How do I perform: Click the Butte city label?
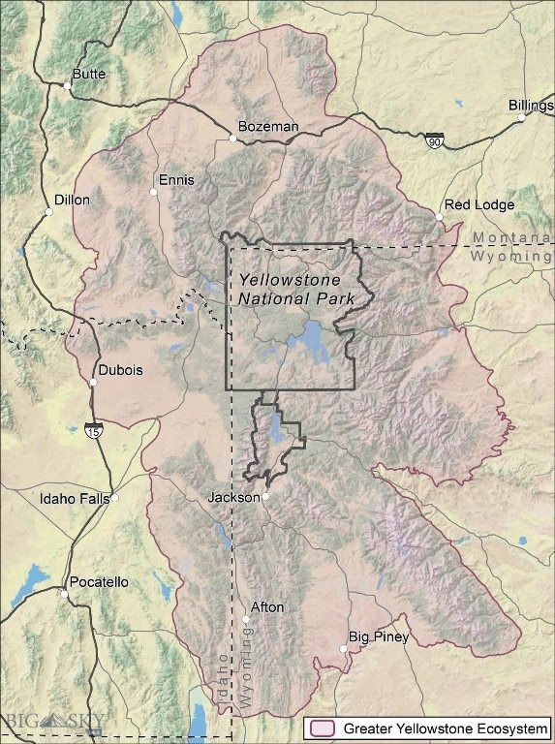point(90,75)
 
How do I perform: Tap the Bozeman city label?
point(268,127)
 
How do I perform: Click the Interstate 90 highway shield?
point(435,141)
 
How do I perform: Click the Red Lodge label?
point(479,204)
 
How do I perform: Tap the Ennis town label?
point(176,180)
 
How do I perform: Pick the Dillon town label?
point(72,201)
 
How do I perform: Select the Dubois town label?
point(121,370)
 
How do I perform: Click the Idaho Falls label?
point(74,500)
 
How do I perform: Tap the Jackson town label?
point(233,497)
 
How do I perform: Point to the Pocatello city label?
point(97,582)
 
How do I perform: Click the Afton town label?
point(267,607)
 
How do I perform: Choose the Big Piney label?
point(379,637)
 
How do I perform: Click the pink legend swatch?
point(321,728)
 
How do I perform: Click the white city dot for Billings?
point(521,118)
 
